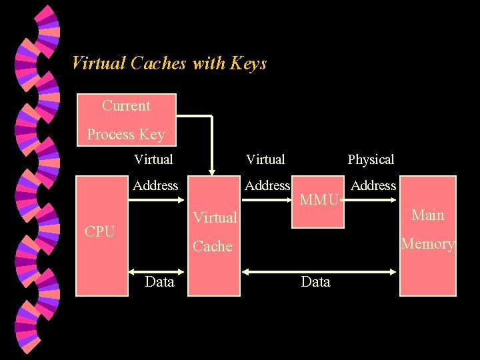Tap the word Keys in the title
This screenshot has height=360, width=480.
click(x=248, y=64)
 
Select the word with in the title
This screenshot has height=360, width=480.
click(x=208, y=63)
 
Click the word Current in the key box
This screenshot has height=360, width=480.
click(x=126, y=106)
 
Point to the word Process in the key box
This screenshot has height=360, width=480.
click(x=111, y=135)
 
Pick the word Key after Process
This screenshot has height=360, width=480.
click(x=153, y=135)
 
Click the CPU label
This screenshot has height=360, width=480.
click(x=100, y=232)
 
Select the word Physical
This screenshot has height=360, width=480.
click(x=371, y=159)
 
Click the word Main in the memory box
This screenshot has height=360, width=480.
click(x=428, y=215)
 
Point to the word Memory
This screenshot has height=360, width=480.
click(x=428, y=244)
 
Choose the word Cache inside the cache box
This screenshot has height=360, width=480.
click(x=213, y=247)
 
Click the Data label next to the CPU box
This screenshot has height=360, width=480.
click(x=159, y=282)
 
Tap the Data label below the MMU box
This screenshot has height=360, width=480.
click(x=315, y=282)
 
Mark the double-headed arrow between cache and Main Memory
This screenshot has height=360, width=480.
click(x=319, y=271)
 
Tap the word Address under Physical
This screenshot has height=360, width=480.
click(x=373, y=186)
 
